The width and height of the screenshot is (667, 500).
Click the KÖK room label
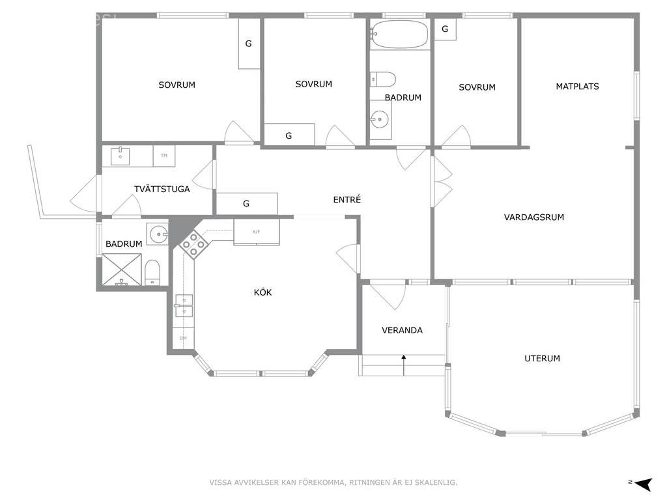pyautogui.click(x=263, y=293)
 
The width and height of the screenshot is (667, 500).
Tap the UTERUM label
pyautogui.click(x=542, y=359)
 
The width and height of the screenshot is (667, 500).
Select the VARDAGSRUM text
pyautogui.click(x=533, y=217)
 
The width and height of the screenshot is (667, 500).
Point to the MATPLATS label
pyautogui.click(x=577, y=87)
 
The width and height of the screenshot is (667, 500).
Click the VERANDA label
pyautogui.click(x=402, y=331)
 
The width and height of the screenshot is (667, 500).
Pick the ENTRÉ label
pyautogui.click(x=347, y=201)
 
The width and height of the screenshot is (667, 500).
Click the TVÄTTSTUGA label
pyautogui.click(x=162, y=189)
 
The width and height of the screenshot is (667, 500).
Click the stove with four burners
pyautogui.click(x=193, y=245)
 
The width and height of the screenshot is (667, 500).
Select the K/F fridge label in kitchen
pyautogui.click(x=256, y=232)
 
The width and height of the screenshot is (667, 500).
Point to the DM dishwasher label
pyautogui.click(x=183, y=339)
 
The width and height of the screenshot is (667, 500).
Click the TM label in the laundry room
pyautogui.click(x=163, y=156)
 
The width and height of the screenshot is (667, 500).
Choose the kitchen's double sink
pyautogui.click(x=183, y=305)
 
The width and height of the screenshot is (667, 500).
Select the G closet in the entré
pyautogui.click(x=246, y=204)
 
